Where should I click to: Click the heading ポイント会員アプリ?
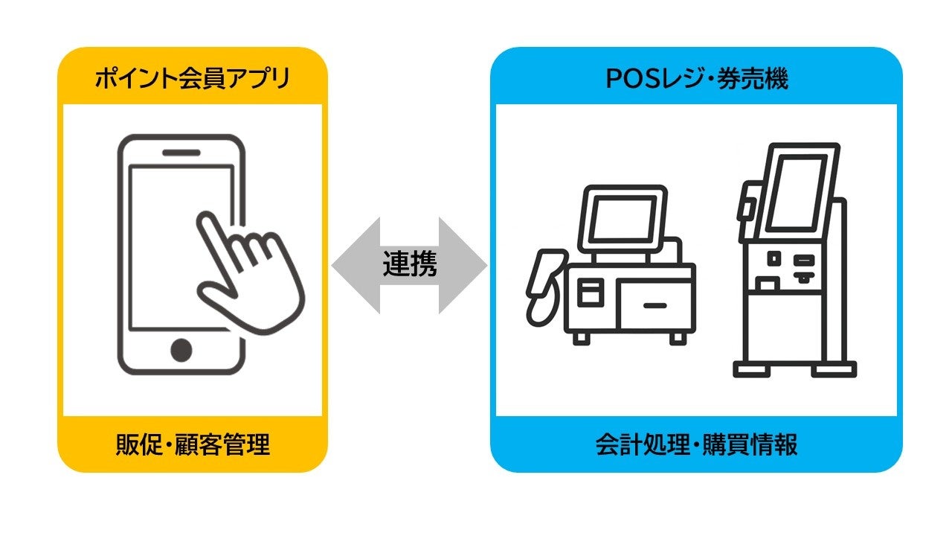pos(192,78)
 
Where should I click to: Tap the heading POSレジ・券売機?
pos(696,78)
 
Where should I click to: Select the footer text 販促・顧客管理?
pos(192,444)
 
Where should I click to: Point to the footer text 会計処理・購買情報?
pos(696,444)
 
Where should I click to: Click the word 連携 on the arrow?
pos(410,265)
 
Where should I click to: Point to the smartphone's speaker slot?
pos(181,153)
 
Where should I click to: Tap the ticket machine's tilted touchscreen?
pos(796,192)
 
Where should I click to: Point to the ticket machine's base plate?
pos(794,368)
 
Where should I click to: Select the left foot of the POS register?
pos(580,339)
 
